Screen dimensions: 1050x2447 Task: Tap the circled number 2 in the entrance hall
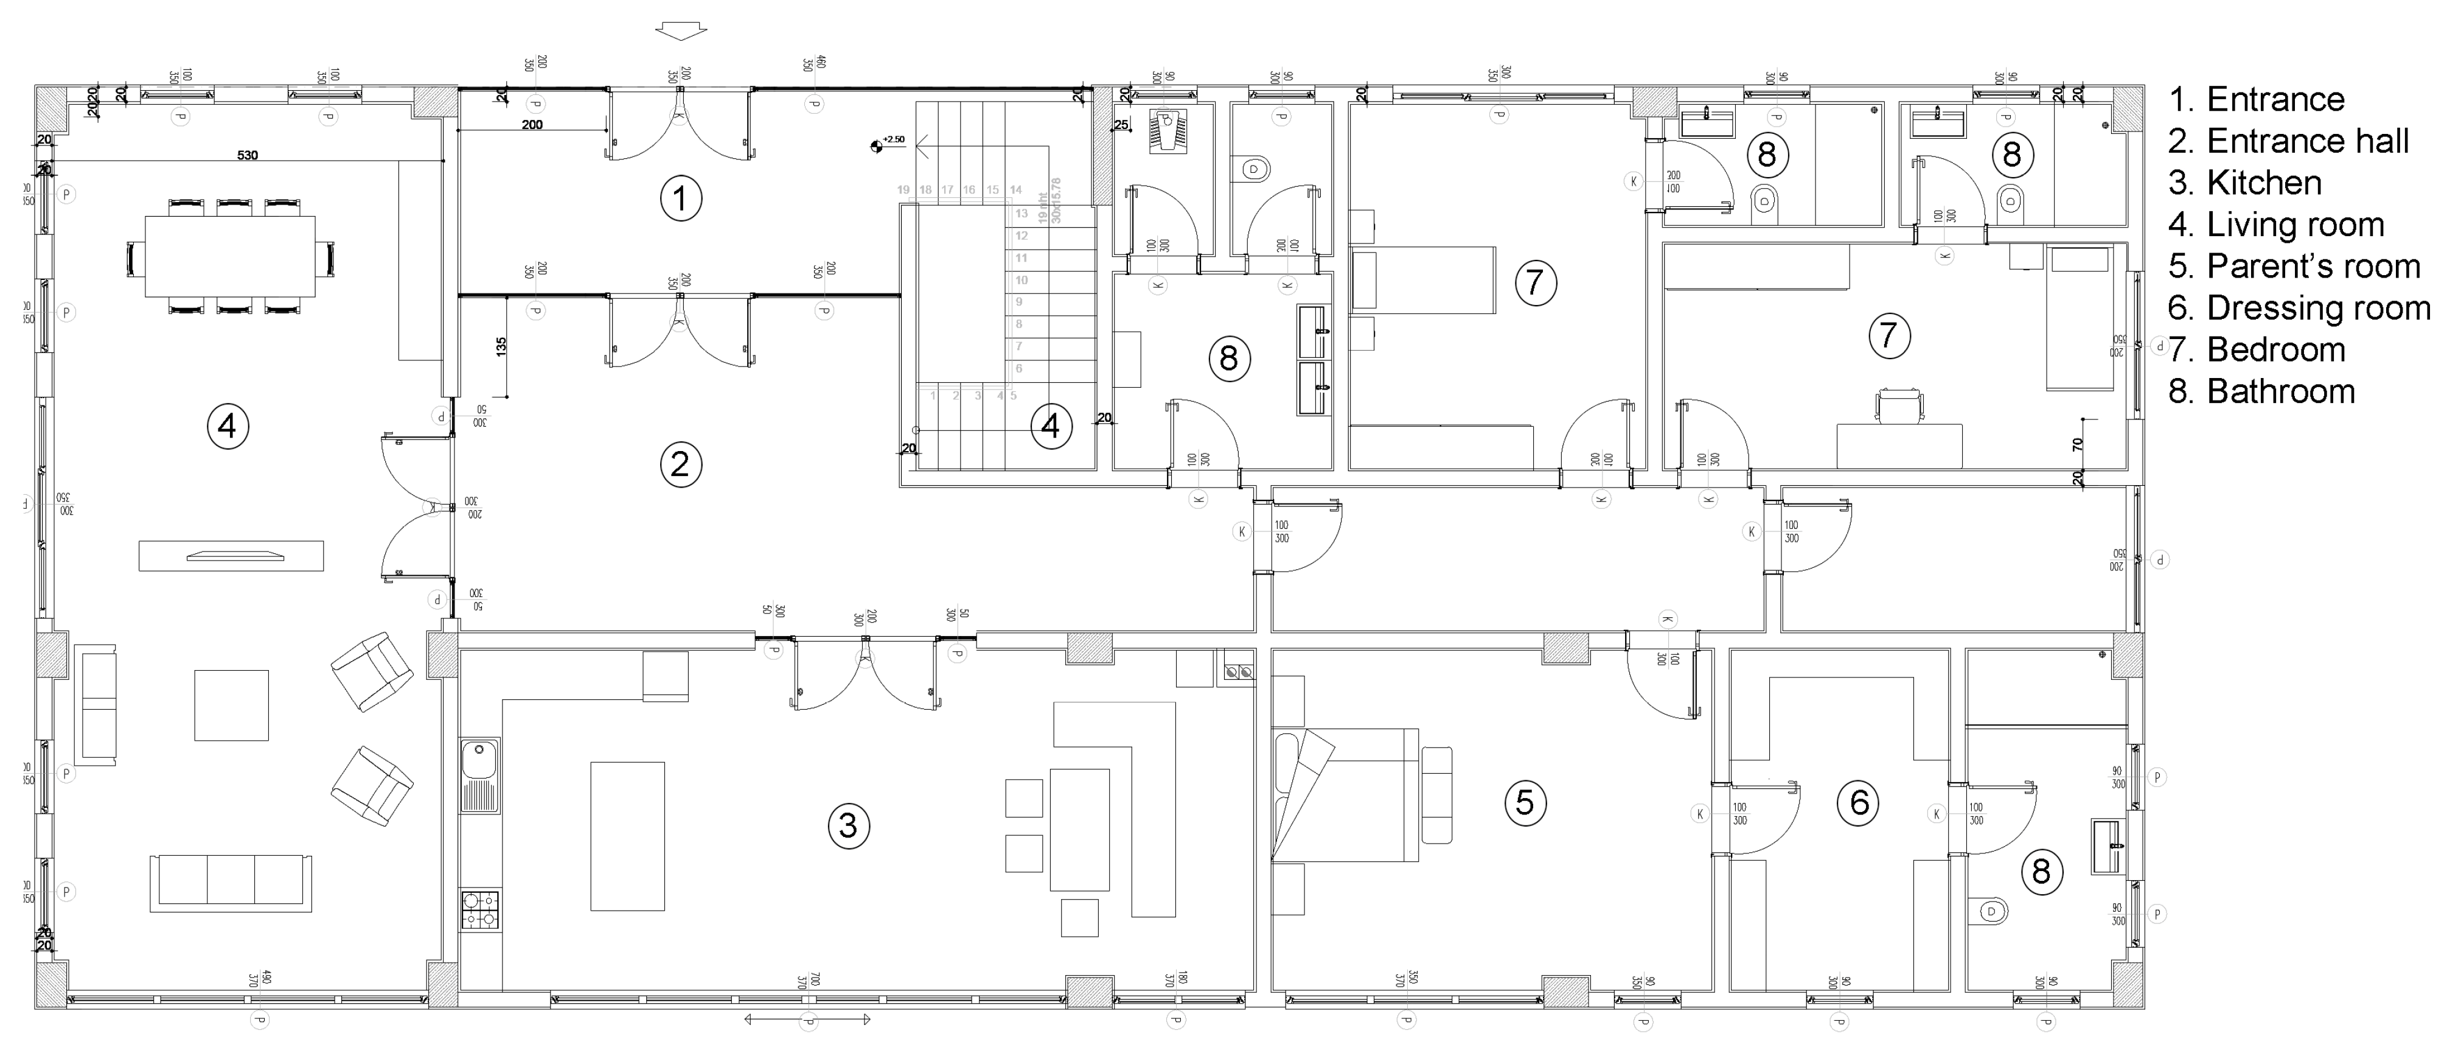680,464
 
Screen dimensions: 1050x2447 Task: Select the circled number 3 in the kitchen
848,825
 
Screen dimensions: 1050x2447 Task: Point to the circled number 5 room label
1525,802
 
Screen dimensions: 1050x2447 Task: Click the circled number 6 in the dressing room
1859,802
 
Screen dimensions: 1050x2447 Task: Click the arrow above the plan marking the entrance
681,32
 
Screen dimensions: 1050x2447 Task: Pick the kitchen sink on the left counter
479,774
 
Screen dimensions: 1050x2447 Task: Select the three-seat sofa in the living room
231,882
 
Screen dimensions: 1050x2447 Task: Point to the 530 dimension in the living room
247,155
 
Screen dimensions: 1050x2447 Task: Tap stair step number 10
1021,281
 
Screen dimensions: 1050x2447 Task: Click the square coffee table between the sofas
231,705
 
